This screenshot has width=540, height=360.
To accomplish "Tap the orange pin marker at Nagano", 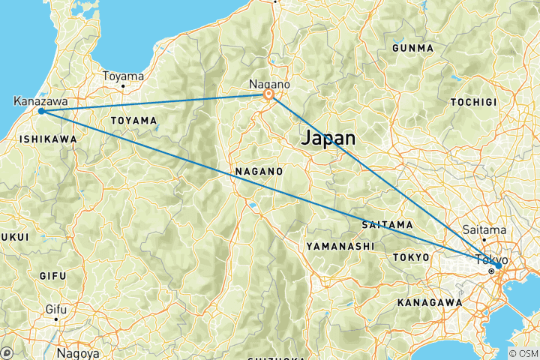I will [268, 96].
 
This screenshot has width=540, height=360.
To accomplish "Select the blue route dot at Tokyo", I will [498, 265].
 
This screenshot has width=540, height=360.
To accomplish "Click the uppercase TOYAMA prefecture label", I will [133, 120].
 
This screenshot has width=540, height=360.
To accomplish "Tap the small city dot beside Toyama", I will [123, 86].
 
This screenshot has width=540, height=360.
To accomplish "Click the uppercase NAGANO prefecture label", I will [258, 171].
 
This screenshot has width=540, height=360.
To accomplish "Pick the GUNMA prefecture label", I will [412, 48].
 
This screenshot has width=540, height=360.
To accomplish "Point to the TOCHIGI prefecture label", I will [474, 101].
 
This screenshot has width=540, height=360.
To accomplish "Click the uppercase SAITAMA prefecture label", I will [386, 224].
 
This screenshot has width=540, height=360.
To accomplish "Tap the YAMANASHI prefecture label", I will [339, 245].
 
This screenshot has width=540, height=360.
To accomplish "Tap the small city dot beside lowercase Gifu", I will [55, 318].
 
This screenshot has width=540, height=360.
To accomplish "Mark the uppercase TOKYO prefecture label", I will [410, 257].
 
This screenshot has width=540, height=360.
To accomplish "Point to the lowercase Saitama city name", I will [484, 230].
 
